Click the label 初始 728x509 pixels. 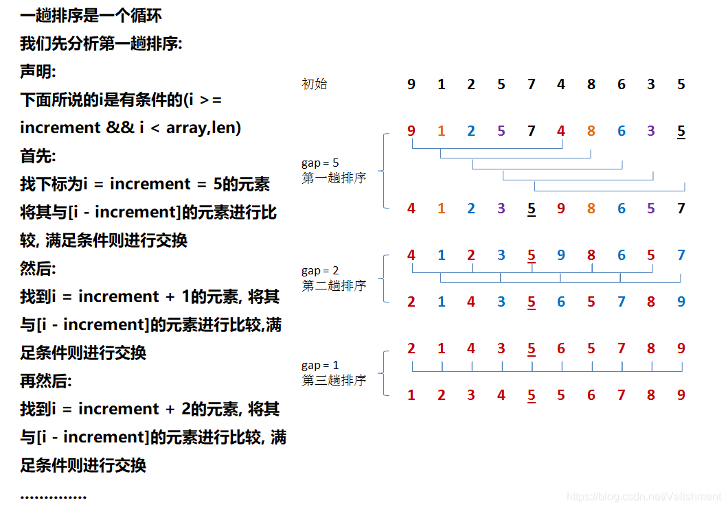315,84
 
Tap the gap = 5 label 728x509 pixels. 320,163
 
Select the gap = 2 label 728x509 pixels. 320,271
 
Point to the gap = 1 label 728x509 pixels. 320,365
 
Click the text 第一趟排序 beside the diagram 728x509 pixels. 334,178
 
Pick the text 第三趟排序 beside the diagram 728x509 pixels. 334,380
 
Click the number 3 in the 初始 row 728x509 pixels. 651,84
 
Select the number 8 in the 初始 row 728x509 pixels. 591,84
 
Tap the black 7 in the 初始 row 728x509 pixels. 531,84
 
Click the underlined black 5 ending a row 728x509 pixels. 681,131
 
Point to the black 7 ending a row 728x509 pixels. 681,209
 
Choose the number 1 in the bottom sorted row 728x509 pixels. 411,395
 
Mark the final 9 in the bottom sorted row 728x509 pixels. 681,395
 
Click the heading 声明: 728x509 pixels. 38,71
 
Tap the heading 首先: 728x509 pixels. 38,156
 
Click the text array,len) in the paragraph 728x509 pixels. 203,128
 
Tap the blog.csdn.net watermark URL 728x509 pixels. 645,497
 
